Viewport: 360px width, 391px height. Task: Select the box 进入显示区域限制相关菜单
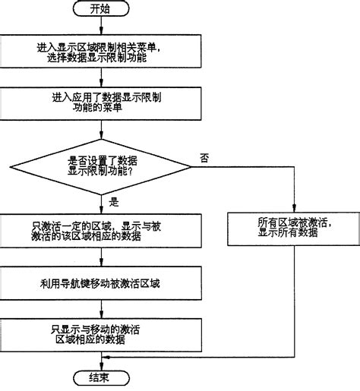102,51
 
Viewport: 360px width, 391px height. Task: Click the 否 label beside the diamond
204,158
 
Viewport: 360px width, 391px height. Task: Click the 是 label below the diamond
115,202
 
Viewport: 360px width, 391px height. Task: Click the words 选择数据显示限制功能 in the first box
102,58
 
